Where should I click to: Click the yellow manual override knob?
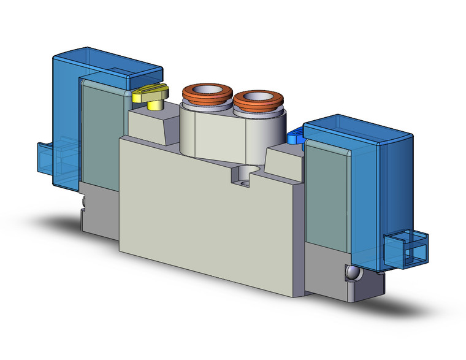[x=149, y=94]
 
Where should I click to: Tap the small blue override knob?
[x=296, y=134]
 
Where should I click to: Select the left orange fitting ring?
[x=207, y=98]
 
